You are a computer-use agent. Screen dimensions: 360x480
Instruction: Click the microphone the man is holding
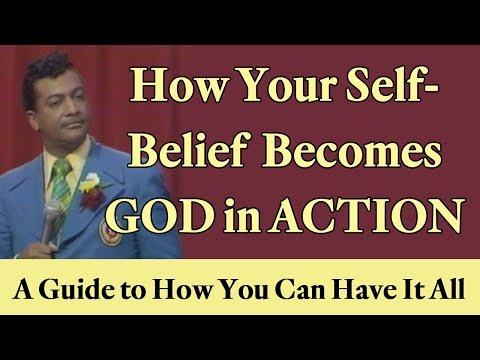click(x=51, y=215)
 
